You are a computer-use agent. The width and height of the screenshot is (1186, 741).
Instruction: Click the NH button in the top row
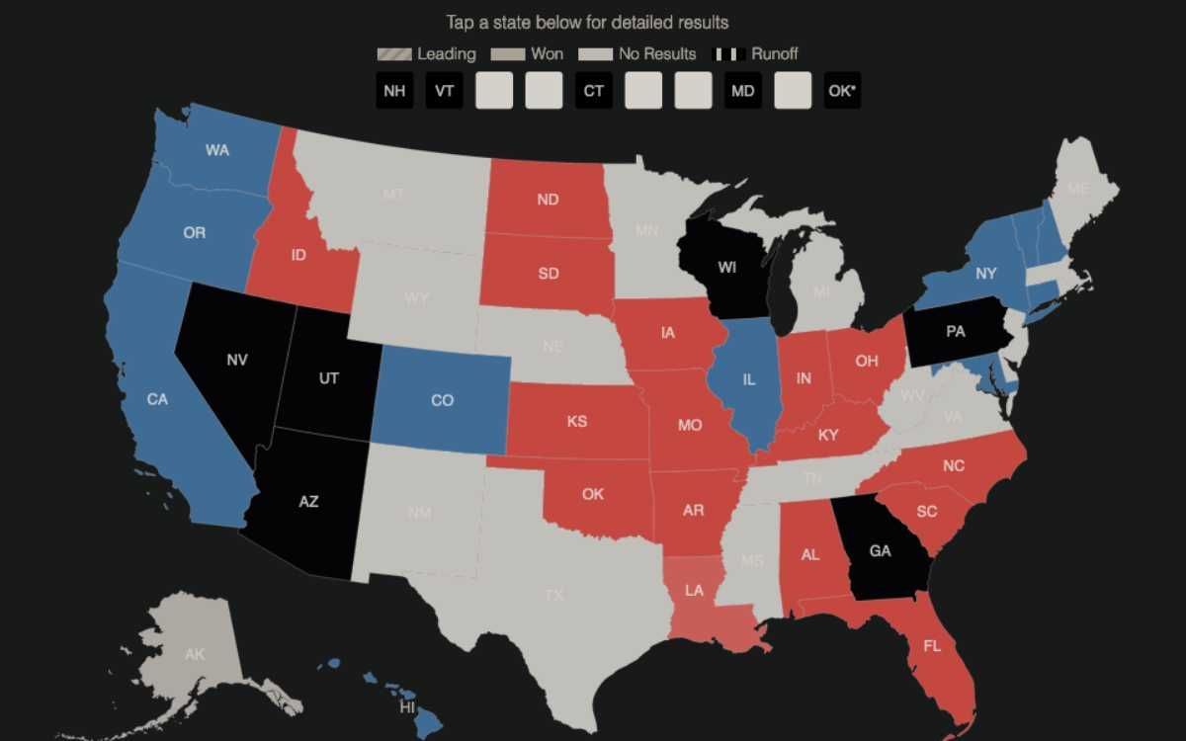click(394, 91)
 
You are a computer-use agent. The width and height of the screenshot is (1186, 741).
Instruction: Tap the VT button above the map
click(445, 91)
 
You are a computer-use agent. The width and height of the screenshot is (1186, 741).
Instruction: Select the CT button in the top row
click(593, 91)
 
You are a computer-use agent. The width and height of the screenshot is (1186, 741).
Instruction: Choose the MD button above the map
click(742, 91)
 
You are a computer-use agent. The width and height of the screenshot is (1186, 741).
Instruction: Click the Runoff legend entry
click(760, 54)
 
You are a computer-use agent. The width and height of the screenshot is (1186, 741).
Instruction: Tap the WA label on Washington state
click(217, 150)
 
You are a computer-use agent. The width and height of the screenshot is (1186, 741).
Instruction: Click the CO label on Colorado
click(443, 400)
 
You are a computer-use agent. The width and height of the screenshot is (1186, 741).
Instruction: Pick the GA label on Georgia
click(880, 551)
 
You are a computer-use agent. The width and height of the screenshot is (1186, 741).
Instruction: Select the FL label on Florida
click(932, 646)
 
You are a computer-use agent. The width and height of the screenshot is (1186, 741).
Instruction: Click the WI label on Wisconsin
click(727, 268)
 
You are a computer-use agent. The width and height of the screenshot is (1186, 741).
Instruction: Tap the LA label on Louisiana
click(695, 591)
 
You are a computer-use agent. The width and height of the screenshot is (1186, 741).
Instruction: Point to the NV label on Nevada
click(237, 361)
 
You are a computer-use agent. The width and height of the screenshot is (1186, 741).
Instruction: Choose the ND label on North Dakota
click(548, 200)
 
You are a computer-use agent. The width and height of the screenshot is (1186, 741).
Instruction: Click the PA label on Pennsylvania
click(955, 332)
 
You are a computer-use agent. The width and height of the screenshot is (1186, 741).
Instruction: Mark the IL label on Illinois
click(749, 378)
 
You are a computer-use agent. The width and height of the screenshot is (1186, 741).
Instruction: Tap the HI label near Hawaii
click(407, 707)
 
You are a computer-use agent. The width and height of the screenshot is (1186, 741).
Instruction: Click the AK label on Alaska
click(194, 654)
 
